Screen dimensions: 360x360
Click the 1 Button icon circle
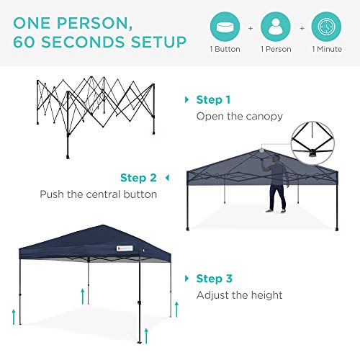225,26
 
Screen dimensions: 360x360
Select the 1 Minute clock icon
328,26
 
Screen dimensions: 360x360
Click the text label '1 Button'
225,49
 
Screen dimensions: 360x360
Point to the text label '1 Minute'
328,49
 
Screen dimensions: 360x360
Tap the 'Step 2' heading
138,178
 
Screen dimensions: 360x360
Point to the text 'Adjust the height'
239,294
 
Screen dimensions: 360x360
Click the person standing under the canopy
278,186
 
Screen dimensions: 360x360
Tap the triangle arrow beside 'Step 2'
167,178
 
